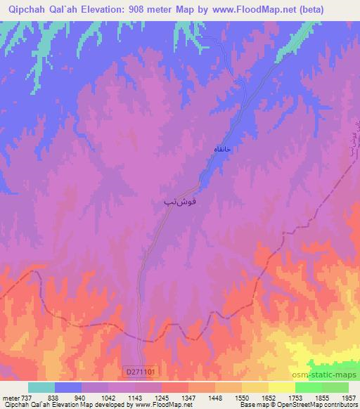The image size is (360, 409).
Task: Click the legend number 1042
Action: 108,397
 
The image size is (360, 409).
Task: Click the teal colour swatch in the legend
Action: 41,387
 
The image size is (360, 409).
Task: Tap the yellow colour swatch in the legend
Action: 281,387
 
